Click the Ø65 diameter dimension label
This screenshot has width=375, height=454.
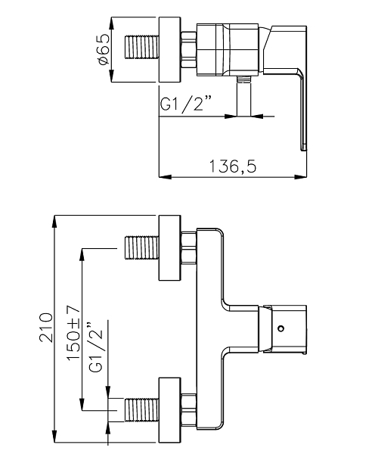point(104,49)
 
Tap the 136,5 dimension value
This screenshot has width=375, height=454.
point(233,166)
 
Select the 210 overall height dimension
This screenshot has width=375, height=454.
point(46,327)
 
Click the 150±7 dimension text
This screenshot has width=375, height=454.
point(73,333)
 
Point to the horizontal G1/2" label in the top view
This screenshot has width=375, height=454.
point(186,104)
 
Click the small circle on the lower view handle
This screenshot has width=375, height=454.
point(280,328)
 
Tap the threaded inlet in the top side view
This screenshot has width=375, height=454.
point(142,47)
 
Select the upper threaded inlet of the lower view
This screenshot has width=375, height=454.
point(142,248)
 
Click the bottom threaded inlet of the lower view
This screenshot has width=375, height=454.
point(142,410)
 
